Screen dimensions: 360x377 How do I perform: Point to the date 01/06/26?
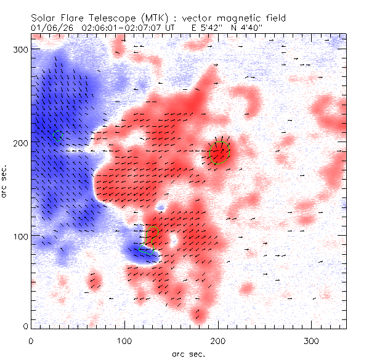pos(49,28)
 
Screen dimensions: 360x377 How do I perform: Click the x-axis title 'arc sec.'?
pos(188,353)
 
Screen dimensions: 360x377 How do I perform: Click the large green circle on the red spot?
pos(219,153)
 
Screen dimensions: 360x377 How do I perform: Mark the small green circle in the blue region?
pos(57,135)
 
